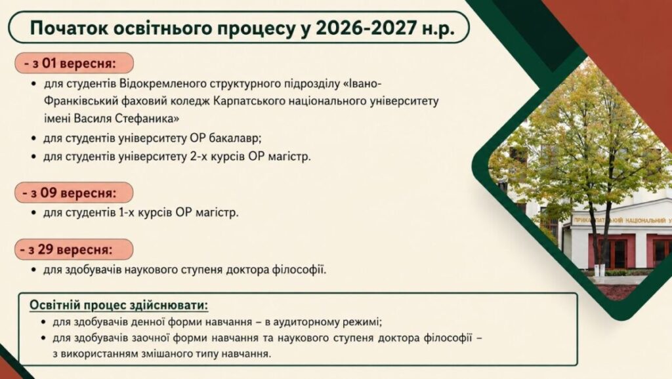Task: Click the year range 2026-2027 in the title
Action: [x=366, y=28]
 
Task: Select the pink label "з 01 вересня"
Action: [x=73, y=64]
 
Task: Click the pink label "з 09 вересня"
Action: [x=73, y=193]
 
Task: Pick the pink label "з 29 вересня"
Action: [x=73, y=250]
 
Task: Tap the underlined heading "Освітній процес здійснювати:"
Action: [x=119, y=306]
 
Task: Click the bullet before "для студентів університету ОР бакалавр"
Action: [x=34, y=139]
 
